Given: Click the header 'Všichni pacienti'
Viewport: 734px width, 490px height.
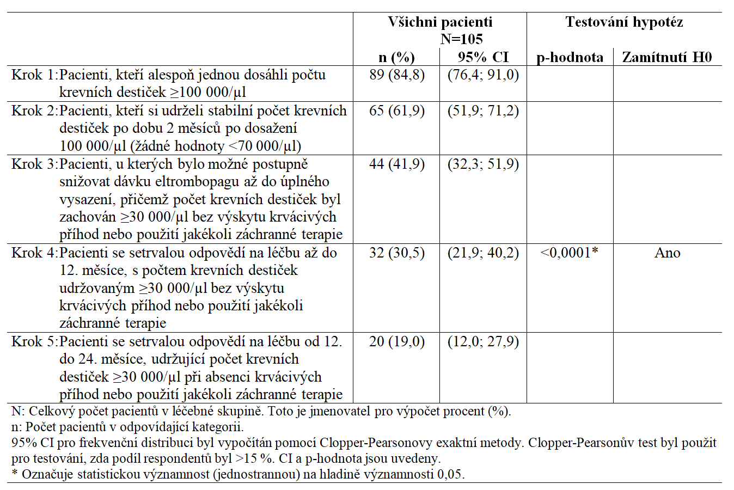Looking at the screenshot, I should click(440, 22).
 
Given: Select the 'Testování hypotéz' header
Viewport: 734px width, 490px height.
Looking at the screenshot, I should click(624, 22).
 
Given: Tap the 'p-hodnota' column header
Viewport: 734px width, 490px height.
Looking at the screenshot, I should click(570, 57).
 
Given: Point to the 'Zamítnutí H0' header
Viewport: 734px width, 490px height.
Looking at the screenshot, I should click(667, 57).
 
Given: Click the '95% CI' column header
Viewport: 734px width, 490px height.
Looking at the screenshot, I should click(483, 57).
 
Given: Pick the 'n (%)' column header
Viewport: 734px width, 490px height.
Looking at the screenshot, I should click(396, 57).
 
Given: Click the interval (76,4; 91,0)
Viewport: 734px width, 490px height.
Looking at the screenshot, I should click(483, 75).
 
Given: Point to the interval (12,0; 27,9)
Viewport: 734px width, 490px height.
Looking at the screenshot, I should click(483, 341).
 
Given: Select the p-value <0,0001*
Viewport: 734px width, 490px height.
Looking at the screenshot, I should click(570, 253).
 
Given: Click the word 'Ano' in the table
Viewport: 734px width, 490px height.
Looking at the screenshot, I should click(667, 253).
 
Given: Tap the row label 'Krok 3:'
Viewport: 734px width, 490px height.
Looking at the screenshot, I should click(34, 164).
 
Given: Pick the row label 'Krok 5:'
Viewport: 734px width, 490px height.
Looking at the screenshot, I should click(34, 341).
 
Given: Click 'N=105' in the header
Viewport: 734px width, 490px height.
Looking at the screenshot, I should click(462, 39).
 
